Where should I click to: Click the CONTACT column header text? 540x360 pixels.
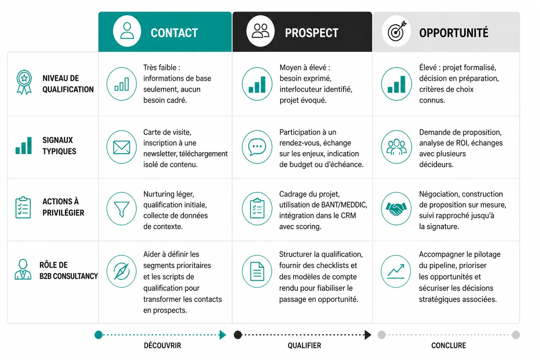point(174,33)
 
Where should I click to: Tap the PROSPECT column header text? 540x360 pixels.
point(312,33)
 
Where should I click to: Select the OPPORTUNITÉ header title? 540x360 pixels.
point(454,32)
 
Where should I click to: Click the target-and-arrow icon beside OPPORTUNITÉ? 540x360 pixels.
point(397,31)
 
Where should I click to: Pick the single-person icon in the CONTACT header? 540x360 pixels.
point(127,31)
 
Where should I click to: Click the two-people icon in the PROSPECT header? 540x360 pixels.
point(260,31)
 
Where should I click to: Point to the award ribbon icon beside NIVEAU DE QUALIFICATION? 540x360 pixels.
point(24,82)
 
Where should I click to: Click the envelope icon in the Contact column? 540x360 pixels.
point(121,147)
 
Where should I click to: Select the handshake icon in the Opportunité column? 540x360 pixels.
point(396,209)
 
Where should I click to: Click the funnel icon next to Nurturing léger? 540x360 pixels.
point(121,209)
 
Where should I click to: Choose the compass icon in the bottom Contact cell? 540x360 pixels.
point(121,271)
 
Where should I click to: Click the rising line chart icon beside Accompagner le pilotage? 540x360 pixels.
point(396,271)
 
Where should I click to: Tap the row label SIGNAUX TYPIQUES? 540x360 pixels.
point(59,146)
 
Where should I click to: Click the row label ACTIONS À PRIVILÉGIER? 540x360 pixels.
point(63,207)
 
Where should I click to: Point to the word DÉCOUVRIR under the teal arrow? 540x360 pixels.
point(162,346)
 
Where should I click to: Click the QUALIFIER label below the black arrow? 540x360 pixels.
point(305,346)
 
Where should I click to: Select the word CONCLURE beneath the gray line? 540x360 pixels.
point(448,346)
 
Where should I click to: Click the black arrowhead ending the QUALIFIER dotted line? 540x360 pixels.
point(367,335)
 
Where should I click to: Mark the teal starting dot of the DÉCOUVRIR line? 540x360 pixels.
point(99,335)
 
